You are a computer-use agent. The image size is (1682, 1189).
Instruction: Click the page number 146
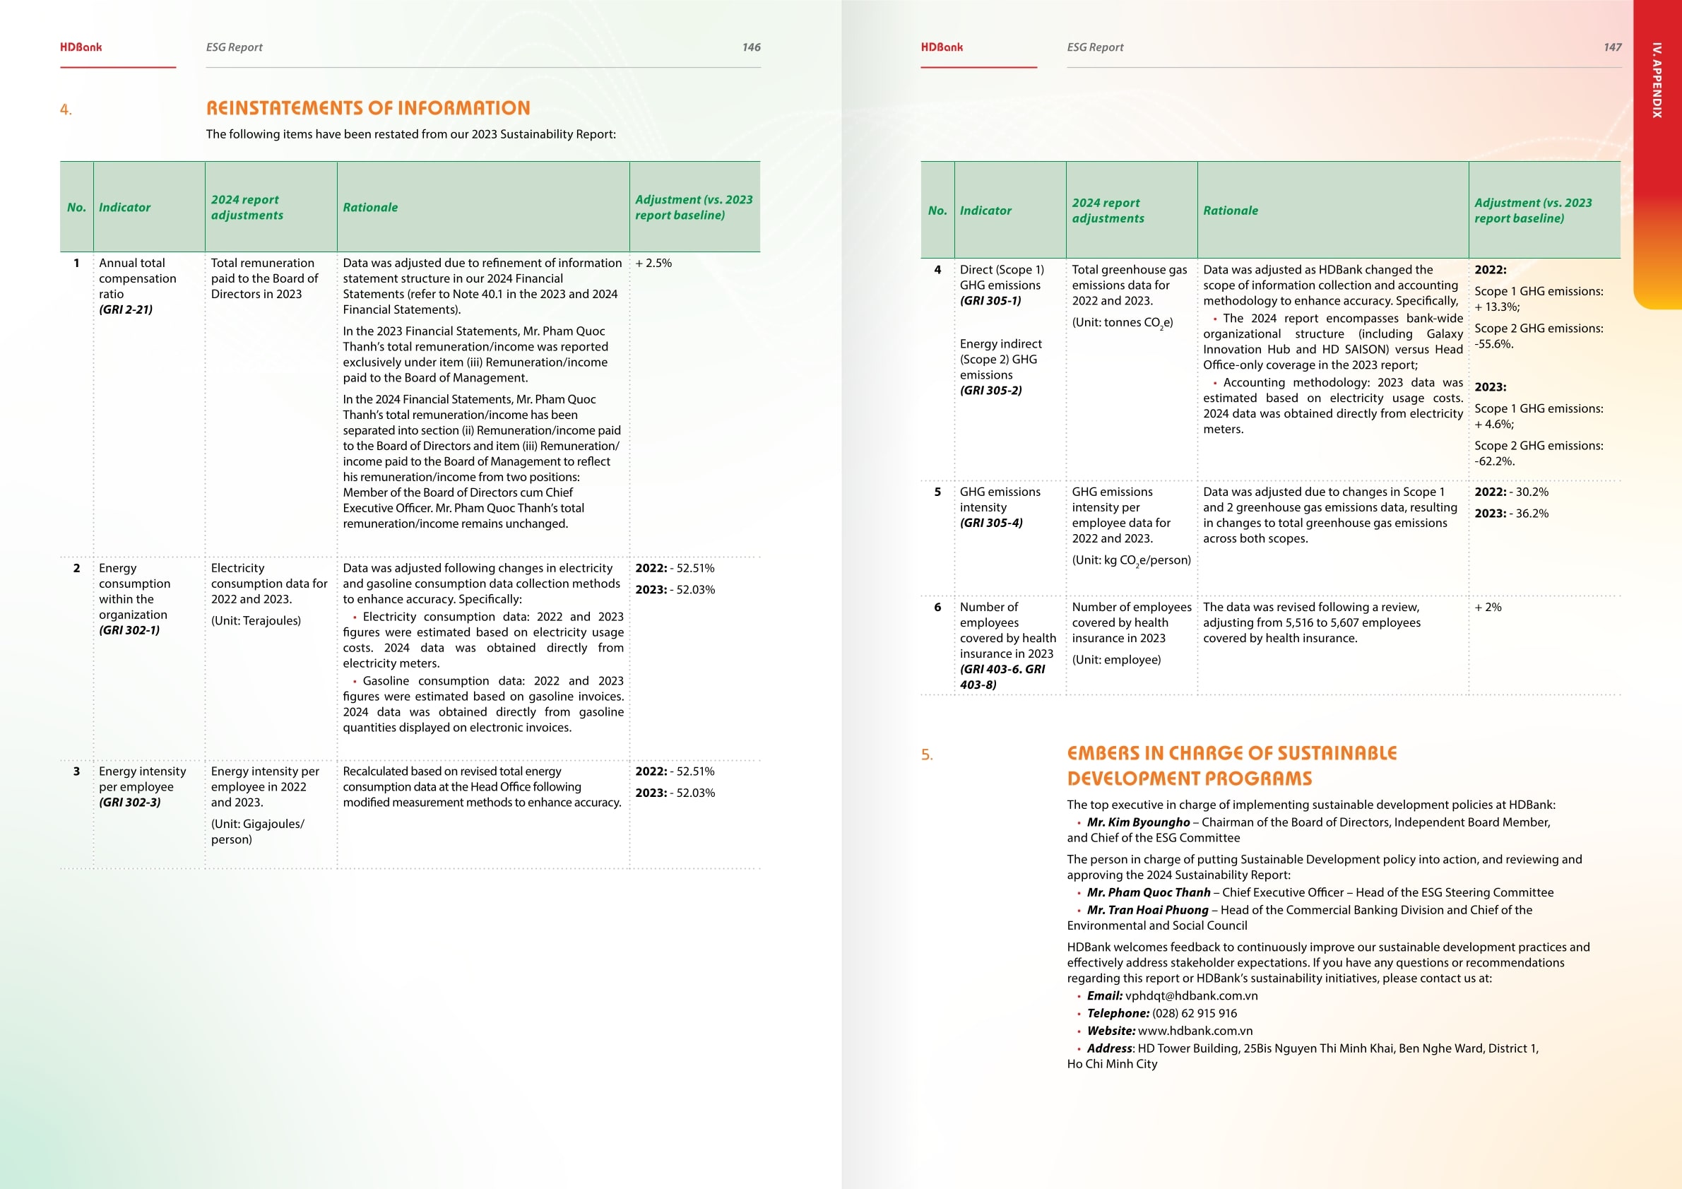pos(751,47)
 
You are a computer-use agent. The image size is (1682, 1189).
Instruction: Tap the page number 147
pos(1611,47)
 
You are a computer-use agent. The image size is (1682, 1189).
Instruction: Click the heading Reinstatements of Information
pos(368,108)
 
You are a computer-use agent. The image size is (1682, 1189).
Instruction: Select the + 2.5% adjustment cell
pos(653,263)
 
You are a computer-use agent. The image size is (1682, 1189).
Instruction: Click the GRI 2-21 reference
pos(126,309)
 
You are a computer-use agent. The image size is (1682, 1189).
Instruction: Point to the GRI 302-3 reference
pos(130,802)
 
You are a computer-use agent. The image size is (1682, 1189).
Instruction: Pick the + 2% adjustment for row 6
pos(1488,608)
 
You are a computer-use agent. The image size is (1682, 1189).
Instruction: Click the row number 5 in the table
pos(937,492)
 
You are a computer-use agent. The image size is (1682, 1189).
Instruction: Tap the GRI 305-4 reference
pos(991,523)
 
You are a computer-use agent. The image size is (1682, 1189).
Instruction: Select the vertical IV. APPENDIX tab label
pos(1657,81)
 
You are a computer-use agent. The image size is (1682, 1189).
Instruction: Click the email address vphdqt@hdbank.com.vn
pos(1191,995)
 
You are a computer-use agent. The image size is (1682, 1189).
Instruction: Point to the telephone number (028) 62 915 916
pos(1194,1013)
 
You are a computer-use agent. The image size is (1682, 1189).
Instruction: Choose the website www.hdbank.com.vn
pos(1195,1031)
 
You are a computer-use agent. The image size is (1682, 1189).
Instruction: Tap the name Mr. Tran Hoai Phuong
pos(1147,910)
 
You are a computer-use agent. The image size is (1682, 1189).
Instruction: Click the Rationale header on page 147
pos(1230,211)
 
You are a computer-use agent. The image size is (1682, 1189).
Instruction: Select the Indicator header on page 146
pos(124,207)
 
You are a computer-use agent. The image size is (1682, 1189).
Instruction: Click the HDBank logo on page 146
pos(81,47)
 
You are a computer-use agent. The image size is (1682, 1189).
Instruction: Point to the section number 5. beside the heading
pos(927,755)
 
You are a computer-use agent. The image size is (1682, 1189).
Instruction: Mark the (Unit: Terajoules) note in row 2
pos(256,620)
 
